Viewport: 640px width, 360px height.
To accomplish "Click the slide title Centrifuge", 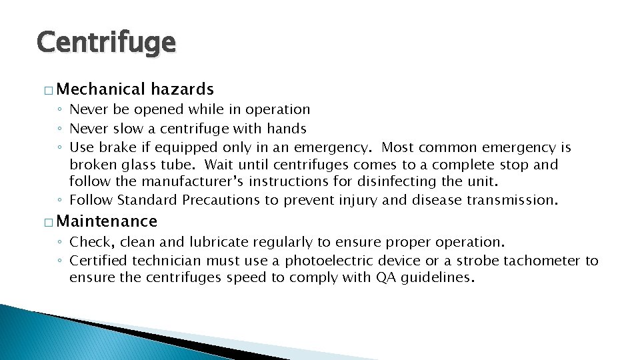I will click(x=107, y=43).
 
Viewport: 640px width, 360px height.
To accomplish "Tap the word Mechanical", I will click(x=105, y=89).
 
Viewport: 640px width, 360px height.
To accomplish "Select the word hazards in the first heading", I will click(x=182, y=89).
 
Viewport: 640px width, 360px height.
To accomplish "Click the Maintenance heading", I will click(x=111, y=221).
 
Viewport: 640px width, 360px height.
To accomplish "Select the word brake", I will click(x=117, y=147).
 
